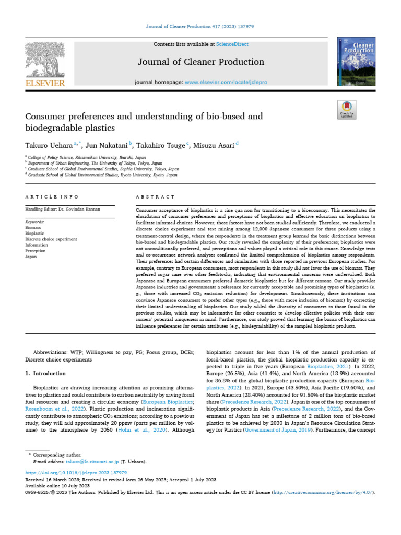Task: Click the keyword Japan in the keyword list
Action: coord(31,257)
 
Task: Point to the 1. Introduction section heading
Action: coord(45,374)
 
